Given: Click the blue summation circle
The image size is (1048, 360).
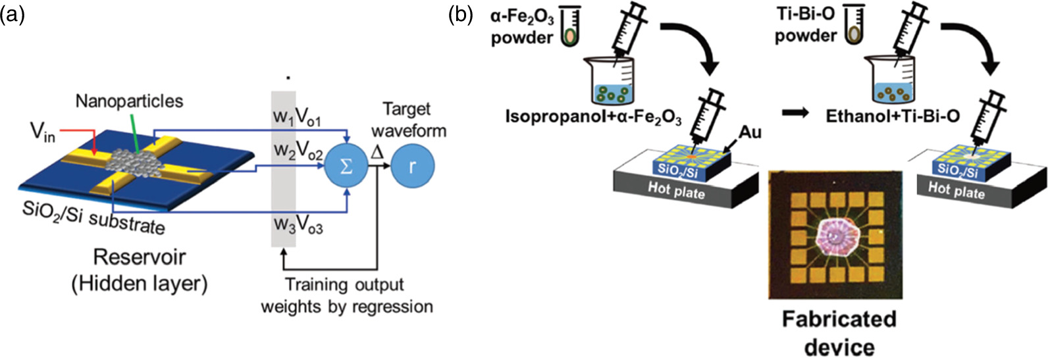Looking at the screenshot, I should click(x=346, y=166).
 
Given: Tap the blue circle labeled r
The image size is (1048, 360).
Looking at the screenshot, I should click(x=413, y=166).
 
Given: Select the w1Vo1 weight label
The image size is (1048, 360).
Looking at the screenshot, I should click(x=297, y=118).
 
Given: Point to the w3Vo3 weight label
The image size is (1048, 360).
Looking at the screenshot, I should click(x=298, y=225).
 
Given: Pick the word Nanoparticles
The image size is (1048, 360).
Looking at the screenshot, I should click(x=129, y=101).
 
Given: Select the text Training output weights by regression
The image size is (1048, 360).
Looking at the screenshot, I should click(x=347, y=296).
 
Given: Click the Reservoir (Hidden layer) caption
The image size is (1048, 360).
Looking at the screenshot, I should click(x=139, y=270).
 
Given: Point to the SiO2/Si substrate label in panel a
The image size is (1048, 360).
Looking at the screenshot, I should click(x=93, y=217).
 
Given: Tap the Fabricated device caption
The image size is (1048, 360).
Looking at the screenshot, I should click(x=839, y=332).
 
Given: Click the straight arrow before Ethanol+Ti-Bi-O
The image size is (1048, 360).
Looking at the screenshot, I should click(x=796, y=113).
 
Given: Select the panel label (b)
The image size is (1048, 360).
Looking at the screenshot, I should click(x=460, y=14).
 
